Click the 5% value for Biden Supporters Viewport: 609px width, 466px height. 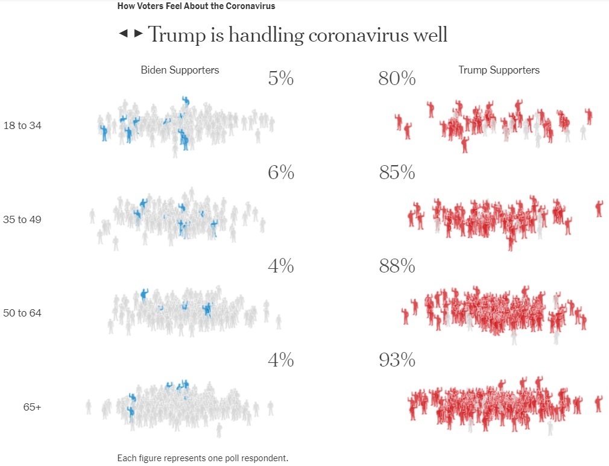coord(280,78)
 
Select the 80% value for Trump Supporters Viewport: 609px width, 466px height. coord(397,78)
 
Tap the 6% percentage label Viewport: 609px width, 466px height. coord(280,173)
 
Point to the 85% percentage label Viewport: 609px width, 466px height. coord(397,173)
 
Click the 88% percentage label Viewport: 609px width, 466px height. coord(397,266)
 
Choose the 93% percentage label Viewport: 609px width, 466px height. coord(397,361)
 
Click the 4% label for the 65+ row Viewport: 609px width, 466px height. coord(280,361)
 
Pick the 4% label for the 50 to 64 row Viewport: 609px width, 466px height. coord(280,266)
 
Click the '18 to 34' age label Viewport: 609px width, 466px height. coord(22,126)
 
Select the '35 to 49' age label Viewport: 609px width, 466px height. coord(22,219)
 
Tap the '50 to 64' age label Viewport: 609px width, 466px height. coord(22,313)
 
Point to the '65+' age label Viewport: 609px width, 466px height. coord(33,408)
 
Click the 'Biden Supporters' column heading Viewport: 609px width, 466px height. coord(180,70)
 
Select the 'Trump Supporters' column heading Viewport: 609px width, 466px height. coord(499,70)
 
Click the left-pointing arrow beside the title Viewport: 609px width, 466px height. coord(123,33)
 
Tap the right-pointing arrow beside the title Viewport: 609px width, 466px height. coord(139,33)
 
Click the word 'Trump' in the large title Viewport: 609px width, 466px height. coord(175,34)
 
